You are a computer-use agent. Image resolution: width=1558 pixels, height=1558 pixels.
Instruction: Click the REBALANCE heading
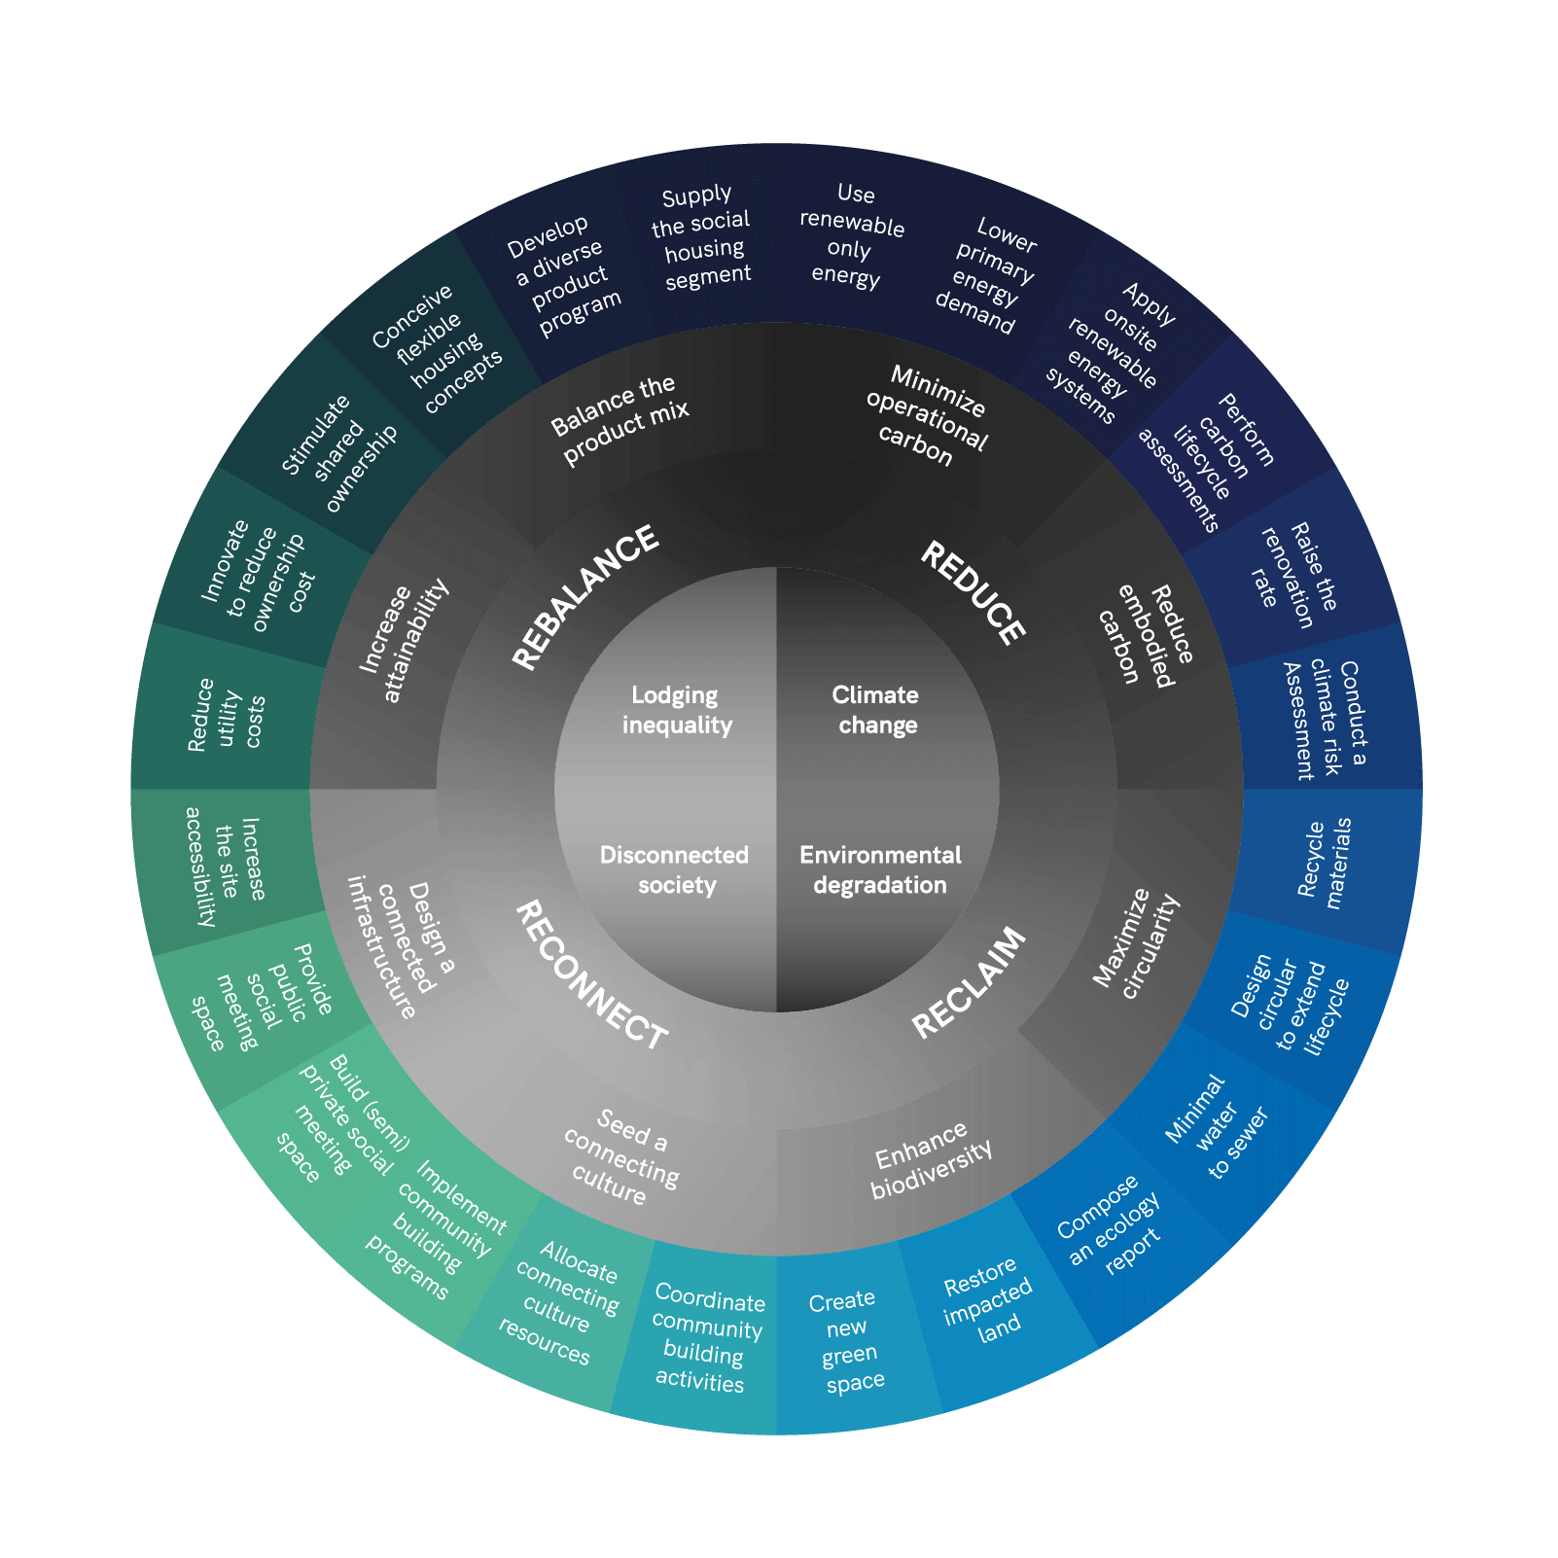(585, 596)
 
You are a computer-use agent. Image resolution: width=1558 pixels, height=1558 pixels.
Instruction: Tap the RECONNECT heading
(590, 975)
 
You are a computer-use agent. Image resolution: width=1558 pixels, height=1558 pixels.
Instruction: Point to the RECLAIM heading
(969, 981)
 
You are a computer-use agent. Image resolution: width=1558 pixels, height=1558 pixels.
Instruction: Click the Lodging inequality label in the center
(677, 710)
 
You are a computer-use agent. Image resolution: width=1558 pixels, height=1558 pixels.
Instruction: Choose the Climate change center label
(876, 710)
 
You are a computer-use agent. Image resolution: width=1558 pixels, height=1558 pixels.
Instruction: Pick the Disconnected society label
(675, 869)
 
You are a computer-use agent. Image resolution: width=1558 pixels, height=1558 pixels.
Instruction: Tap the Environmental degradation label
(880, 869)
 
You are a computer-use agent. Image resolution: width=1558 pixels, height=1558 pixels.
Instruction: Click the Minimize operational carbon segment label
(925, 416)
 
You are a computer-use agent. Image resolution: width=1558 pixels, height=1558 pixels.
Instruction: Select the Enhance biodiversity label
(931, 1159)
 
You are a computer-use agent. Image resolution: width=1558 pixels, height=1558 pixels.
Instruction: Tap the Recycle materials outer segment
(1325, 864)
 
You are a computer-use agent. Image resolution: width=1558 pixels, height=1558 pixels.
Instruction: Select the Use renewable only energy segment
(849, 236)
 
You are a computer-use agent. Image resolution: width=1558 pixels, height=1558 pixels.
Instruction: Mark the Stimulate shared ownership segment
(338, 452)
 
